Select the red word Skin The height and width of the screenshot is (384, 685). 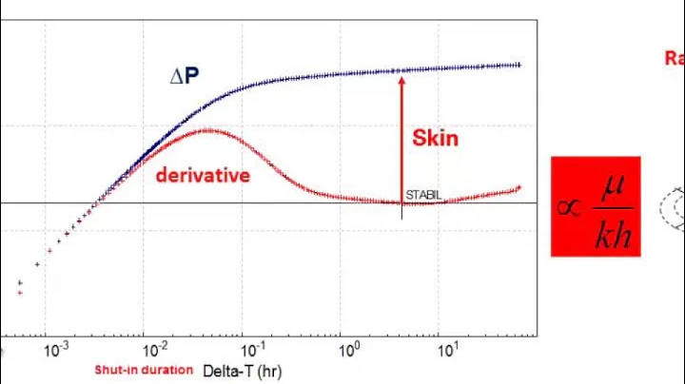coord(435,138)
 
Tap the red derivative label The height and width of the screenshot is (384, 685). coord(203,175)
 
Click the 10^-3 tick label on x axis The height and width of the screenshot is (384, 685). coord(55,351)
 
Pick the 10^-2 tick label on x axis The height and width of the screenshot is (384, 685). coord(153,351)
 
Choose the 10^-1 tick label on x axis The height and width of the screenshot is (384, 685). coord(252,351)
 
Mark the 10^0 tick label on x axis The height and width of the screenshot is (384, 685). coord(351,351)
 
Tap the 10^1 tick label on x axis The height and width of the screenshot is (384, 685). coord(448,351)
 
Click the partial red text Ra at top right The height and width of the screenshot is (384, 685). coord(674,58)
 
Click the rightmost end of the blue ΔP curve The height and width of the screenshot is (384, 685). coord(519,65)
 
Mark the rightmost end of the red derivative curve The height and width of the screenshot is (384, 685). coord(519,187)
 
